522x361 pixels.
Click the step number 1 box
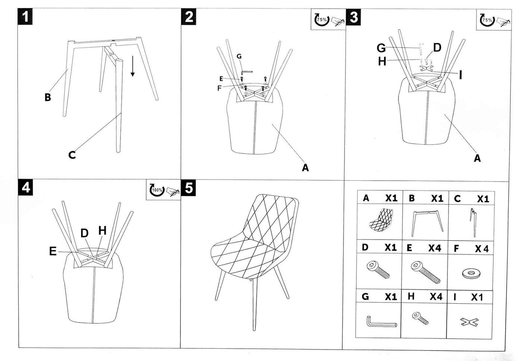[x=26, y=17]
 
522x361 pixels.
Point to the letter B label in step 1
[x=47, y=98]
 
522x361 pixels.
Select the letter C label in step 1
[x=72, y=155]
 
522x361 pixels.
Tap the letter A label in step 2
[x=305, y=168]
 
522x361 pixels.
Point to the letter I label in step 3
[x=461, y=75]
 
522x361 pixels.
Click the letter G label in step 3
[x=381, y=48]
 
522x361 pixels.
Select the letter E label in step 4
[x=53, y=251]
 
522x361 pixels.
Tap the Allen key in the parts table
[x=381, y=322]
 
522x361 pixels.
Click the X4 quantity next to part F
[x=481, y=248]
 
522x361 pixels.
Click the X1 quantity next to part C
[x=483, y=199]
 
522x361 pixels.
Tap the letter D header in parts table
[x=365, y=247]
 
